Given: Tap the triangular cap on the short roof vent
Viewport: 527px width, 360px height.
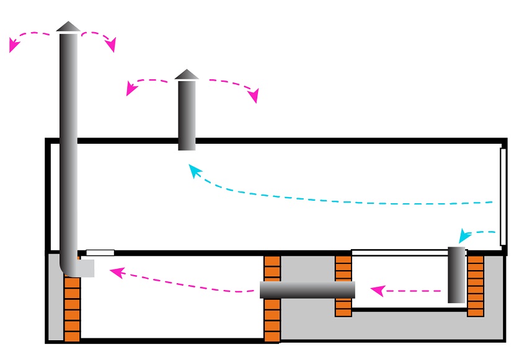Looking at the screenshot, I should click(x=187, y=74).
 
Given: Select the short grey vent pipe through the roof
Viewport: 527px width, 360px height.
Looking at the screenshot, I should click(x=187, y=115).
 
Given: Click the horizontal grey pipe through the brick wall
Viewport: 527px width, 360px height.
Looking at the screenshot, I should click(x=307, y=289).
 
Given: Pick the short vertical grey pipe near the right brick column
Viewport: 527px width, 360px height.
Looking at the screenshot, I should click(x=456, y=274).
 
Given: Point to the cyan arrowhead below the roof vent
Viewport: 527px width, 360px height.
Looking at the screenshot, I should click(x=194, y=170).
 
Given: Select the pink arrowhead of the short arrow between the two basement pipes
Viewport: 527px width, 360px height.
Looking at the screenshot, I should click(x=375, y=289).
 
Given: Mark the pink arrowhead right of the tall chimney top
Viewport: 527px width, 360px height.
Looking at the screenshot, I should click(x=111, y=46).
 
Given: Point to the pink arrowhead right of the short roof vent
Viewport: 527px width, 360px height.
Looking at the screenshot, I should click(x=253, y=96).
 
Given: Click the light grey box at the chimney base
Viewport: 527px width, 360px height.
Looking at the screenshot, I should click(x=86, y=268).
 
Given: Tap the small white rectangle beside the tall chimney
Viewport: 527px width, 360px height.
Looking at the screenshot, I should click(x=100, y=252).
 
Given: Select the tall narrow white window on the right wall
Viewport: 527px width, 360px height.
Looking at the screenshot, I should click(x=503, y=196).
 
